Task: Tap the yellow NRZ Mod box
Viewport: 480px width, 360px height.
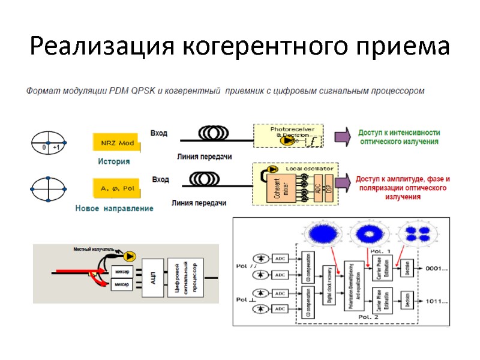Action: click(118, 143)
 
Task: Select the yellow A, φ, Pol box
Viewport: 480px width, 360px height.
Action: click(118, 188)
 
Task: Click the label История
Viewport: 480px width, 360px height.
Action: click(114, 161)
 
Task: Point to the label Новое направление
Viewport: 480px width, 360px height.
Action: click(114, 208)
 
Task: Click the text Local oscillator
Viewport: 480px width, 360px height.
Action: click(313, 169)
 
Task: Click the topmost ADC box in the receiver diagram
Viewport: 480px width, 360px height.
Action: click(281, 258)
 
